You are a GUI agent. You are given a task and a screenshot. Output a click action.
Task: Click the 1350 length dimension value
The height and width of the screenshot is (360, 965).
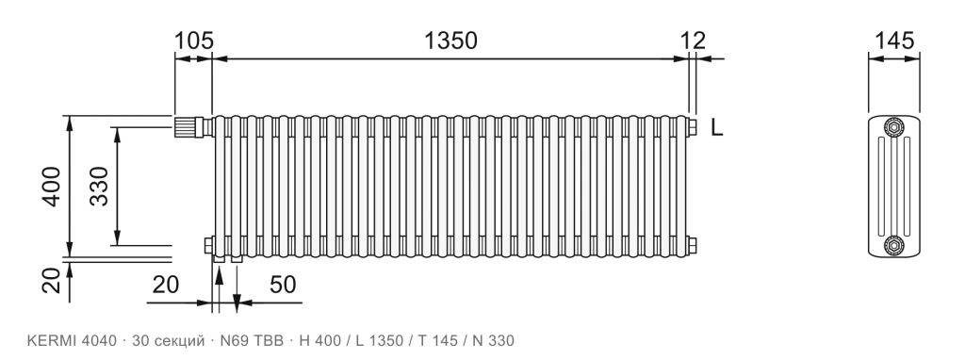pyautogui.click(x=450, y=41)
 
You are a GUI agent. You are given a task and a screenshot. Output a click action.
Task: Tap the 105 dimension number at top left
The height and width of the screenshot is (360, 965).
pyautogui.click(x=194, y=41)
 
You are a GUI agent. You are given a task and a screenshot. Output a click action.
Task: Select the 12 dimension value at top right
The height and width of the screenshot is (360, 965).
pyautogui.click(x=693, y=41)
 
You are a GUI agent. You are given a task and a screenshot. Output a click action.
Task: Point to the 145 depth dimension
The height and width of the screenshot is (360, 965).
pyautogui.click(x=894, y=41)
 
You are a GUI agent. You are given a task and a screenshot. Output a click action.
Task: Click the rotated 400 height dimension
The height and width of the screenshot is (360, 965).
pyautogui.click(x=52, y=187)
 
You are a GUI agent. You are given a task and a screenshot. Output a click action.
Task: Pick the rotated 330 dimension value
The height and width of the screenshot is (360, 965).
pyautogui.click(x=98, y=187)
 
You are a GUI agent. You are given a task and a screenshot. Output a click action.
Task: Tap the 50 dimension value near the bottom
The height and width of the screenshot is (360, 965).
pyautogui.click(x=283, y=285)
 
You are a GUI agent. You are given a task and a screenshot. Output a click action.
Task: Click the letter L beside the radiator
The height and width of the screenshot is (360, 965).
pyautogui.click(x=716, y=128)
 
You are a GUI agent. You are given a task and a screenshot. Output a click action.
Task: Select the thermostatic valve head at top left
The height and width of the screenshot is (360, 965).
pyautogui.click(x=185, y=127)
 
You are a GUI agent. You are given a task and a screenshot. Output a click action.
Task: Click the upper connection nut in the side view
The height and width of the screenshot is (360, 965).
pyautogui.click(x=893, y=127)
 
